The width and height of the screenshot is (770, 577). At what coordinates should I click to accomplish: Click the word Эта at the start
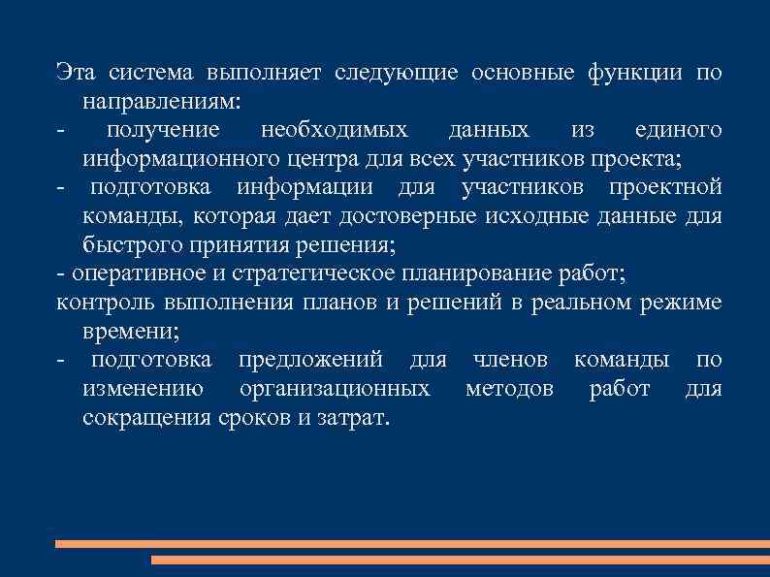75,73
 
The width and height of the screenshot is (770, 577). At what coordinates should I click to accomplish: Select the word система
150,73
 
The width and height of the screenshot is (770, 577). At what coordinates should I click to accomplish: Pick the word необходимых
335,130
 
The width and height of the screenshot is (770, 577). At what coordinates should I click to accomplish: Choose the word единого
678,130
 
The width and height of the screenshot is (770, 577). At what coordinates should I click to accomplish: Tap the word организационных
334,389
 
